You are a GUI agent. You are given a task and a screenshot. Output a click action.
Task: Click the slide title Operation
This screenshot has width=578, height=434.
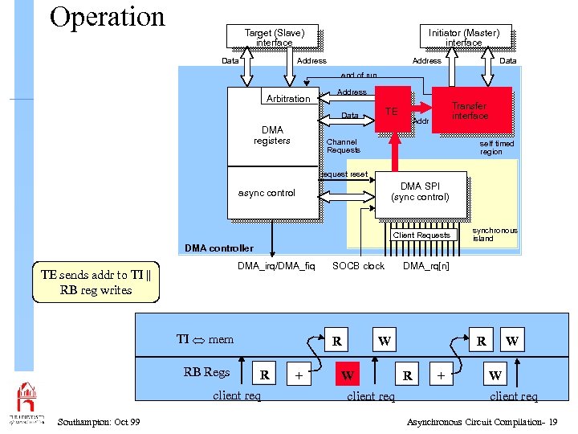pos(107,17)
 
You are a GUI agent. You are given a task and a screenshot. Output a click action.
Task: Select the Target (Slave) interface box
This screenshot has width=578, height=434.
pos(275,37)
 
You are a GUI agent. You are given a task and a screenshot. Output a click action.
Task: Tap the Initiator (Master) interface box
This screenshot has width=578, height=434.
pos(463,37)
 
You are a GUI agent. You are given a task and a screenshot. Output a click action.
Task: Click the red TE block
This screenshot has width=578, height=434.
pos(392,111)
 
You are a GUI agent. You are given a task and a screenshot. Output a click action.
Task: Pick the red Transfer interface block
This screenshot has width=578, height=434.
pos(470,110)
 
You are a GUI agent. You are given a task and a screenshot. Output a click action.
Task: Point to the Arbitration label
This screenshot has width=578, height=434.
pos(287,99)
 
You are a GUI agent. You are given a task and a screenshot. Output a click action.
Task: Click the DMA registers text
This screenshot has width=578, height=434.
pos(271,135)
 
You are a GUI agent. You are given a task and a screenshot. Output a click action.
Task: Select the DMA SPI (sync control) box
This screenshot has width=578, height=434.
pos(420,192)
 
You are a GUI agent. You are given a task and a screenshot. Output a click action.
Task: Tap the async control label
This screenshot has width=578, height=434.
pos(267,193)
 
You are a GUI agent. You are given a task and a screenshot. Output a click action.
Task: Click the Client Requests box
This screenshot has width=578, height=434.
pos(421,235)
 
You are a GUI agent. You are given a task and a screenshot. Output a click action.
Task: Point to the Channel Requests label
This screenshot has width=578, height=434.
pos(344,145)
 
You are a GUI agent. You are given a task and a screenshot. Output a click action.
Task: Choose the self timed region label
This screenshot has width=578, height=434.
pos(496,147)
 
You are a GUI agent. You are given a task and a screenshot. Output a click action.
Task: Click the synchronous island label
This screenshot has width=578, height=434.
pos(495,234)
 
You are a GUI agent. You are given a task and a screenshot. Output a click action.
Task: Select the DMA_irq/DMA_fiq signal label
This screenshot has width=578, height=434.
pos(276,266)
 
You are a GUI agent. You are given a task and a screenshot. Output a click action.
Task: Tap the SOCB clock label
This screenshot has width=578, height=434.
pos(358,266)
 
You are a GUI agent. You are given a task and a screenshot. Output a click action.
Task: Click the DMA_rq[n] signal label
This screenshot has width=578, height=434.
pos(426,266)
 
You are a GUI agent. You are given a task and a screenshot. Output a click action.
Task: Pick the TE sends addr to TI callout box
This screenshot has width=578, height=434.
pos(96,282)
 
